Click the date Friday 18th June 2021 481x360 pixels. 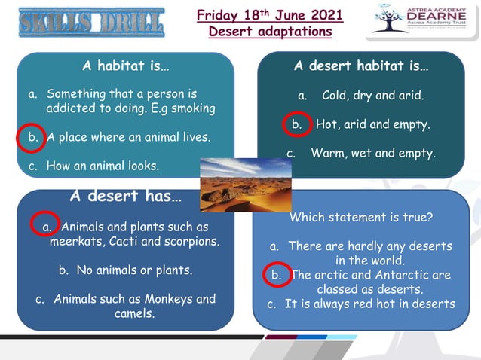tap(270, 15)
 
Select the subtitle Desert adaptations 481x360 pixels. tap(270, 32)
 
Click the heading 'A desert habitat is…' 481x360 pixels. tap(361, 66)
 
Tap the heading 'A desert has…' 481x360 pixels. tap(125, 197)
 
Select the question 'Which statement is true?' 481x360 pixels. tap(360, 218)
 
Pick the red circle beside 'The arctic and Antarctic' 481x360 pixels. tap(277, 275)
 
